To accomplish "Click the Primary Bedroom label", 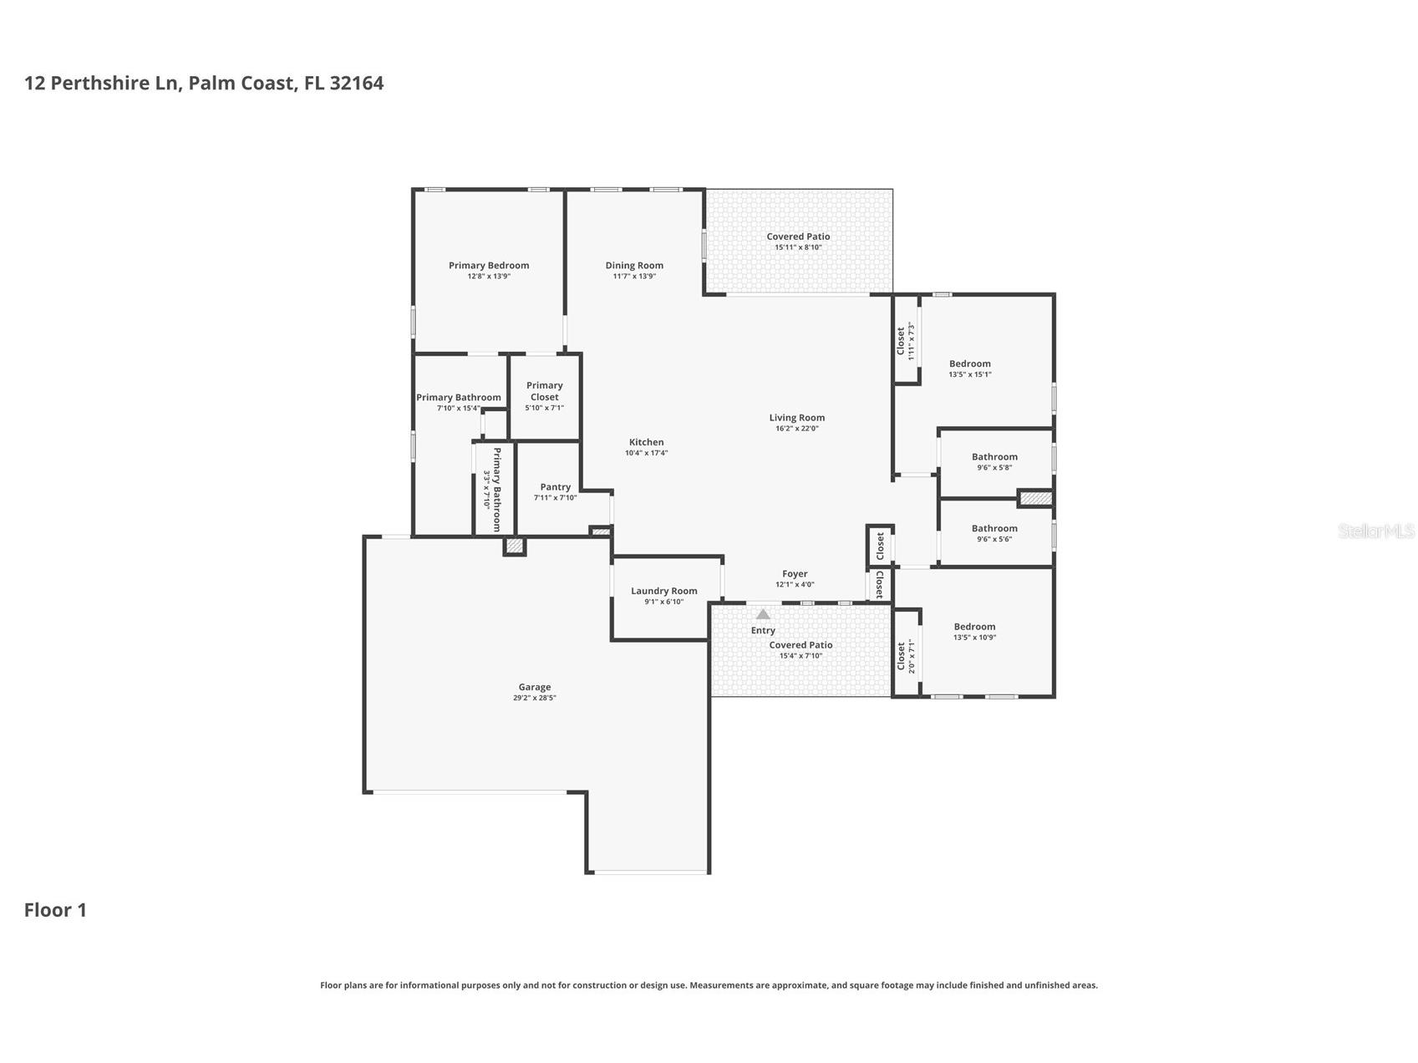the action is pyautogui.click(x=489, y=266).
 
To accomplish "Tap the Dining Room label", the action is pyautogui.click(x=634, y=266).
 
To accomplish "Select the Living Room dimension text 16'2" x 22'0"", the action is pyautogui.click(x=797, y=429).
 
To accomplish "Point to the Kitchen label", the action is pyautogui.click(x=647, y=442).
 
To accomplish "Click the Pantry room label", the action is pyautogui.click(x=556, y=487).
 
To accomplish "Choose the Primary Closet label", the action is pyautogui.click(x=545, y=391).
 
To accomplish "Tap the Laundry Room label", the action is pyautogui.click(x=664, y=591).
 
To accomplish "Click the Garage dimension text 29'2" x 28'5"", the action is pyautogui.click(x=535, y=698).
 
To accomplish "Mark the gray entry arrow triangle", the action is pyautogui.click(x=763, y=614).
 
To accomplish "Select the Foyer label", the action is pyautogui.click(x=795, y=574).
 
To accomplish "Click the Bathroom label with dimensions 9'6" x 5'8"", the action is pyautogui.click(x=994, y=457).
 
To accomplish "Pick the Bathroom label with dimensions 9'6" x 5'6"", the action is pyautogui.click(x=994, y=528).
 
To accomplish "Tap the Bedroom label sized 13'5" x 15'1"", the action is pyautogui.click(x=970, y=364).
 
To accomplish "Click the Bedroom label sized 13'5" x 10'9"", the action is pyautogui.click(x=975, y=627).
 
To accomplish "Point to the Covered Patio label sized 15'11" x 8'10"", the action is pyautogui.click(x=799, y=237).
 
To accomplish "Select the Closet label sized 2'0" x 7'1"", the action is pyautogui.click(x=901, y=656).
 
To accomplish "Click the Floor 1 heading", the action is pyautogui.click(x=55, y=910).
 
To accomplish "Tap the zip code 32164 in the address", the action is pyautogui.click(x=357, y=84).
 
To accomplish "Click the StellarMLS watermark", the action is pyautogui.click(x=1376, y=531).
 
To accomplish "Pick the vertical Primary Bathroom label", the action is pyautogui.click(x=496, y=490).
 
